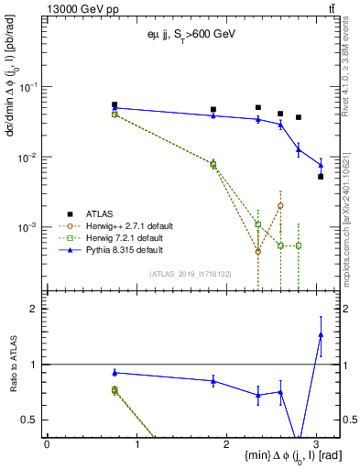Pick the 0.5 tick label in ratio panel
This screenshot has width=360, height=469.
click(x=30, y=420)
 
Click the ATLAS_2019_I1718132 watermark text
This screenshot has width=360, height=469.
click(x=190, y=272)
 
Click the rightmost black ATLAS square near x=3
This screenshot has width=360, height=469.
click(x=321, y=177)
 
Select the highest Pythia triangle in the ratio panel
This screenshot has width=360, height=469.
click(x=321, y=334)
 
